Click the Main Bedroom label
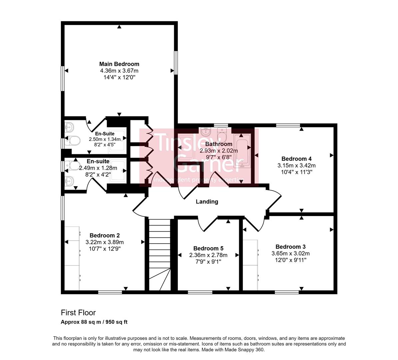coord(119,64)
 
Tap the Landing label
coord(207,202)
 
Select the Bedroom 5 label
coord(208,248)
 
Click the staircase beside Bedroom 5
coord(159,253)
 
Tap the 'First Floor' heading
coord(78,313)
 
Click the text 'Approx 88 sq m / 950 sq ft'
coord(94,322)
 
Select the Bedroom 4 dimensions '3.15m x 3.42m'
coord(296,165)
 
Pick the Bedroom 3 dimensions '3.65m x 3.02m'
coord(290,253)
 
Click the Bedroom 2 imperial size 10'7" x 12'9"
coord(104,249)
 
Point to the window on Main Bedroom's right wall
coord(176,63)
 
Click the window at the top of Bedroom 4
coord(288,125)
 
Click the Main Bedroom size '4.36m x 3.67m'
coord(119,71)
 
